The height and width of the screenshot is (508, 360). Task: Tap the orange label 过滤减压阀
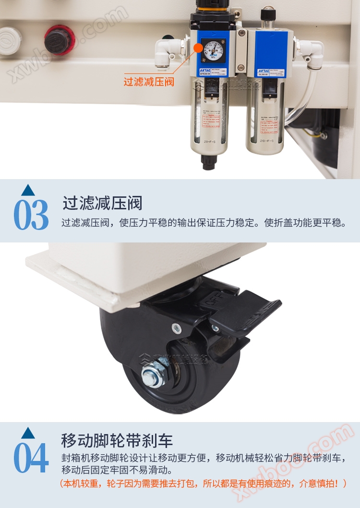pyautogui.click(x=149, y=82)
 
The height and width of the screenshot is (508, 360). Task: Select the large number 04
pyautogui.click(x=31, y=458)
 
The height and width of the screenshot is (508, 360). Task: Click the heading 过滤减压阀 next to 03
pyautogui.click(x=102, y=203)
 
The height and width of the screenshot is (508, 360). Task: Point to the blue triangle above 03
pyautogui.click(x=28, y=190)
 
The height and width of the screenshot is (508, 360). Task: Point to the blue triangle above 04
pyautogui.click(x=28, y=433)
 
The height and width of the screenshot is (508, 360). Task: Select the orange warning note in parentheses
pyautogui.click(x=202, y=484)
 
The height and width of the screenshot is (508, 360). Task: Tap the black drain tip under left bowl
pyautogui.click(x=208, y=164)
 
